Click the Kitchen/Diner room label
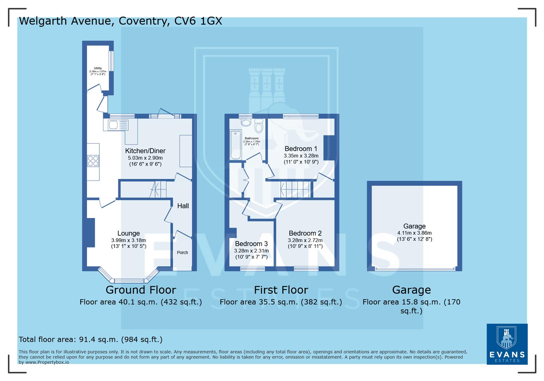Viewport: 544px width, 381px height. point(145,151)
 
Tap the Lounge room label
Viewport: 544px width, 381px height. point(128,233)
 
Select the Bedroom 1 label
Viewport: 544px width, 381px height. point(301,149)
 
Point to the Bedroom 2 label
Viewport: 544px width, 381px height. point(305,233)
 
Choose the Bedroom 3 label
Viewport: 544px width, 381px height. point(251,244)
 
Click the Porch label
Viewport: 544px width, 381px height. point(182,253)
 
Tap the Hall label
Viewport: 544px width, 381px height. point(183,206)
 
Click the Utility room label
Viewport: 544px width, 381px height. point(98,68)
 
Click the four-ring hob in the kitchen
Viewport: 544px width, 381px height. point(93,161)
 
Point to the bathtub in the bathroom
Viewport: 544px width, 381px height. point(235,145)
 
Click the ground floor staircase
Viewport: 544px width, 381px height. point(158,189)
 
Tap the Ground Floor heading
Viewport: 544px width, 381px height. point(141,290)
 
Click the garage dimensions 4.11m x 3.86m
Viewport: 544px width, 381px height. point(414,233)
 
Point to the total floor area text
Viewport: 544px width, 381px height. point(91,339)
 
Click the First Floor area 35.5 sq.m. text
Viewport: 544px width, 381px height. point(281,302)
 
